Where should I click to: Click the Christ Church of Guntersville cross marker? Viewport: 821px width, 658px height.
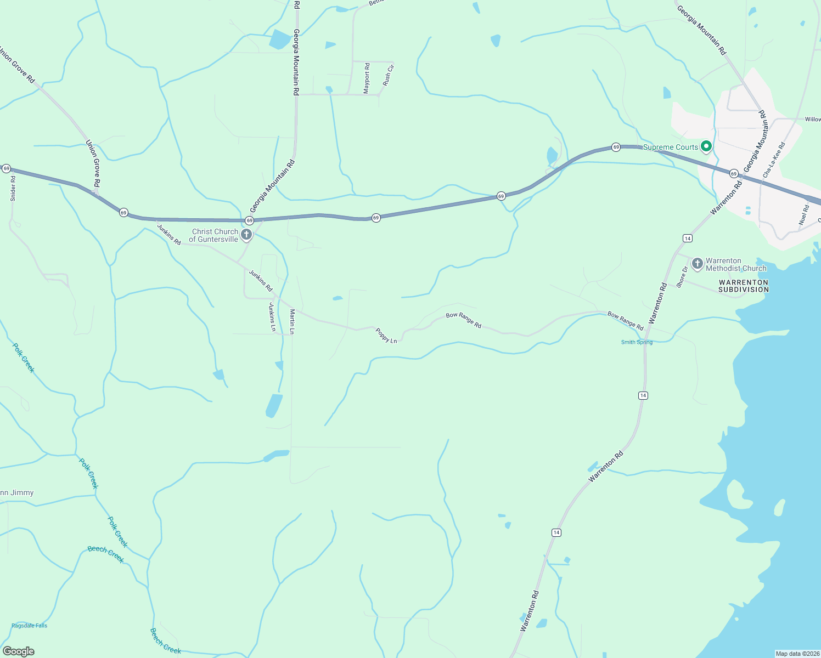pos(246,235)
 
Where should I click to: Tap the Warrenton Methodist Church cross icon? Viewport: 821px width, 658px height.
pos(697,264)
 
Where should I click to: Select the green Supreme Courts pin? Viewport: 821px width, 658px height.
pos(706,146)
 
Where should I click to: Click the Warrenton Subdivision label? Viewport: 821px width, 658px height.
pos(744,286)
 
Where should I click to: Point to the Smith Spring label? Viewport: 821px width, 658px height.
pos(637,342)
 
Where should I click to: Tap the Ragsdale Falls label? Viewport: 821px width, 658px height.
pos(30,626)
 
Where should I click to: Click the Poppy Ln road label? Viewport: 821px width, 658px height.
pos(386,336)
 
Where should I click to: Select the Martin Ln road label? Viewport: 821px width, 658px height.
pos(293,322)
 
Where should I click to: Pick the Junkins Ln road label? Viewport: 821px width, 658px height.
pos(272,317)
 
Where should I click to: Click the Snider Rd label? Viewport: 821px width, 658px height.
pos(13,188)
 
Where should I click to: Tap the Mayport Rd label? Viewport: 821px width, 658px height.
pos(367,78)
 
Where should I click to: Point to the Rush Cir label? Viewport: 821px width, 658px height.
pos(388,75)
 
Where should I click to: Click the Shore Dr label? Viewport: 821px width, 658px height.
pos(682,277)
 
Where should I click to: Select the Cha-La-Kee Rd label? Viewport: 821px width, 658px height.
pos(774,160)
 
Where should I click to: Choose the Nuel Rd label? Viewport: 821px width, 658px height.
pos(804,215)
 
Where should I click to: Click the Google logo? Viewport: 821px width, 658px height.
pos(19,651)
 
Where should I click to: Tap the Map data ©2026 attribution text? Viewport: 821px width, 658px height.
pos(797,654)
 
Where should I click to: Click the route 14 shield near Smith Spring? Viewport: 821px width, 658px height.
pos(643,395)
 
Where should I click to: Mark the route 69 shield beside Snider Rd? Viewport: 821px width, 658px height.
pos(6,168)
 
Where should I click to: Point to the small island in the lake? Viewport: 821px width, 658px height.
pos(779,508)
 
